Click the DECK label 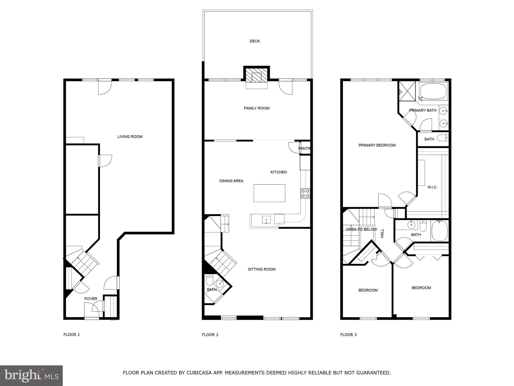(x=254, y=41)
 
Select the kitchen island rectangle (x=269, y=193)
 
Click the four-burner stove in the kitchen (x=305, y=193)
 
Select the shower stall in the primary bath (x=407, y=91)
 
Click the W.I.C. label (x=432, y=187)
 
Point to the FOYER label (x=91, y=299)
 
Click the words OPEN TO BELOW (x=361, y=229)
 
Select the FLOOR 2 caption (x=210, y=335)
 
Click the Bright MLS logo (x=31, y=375)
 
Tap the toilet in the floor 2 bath (x=210, y=279)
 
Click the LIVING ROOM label (x=130, y=137)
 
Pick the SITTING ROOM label (x=262, y=269)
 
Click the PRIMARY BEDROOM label (x=377, y=145)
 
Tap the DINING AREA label (x=231, y=181)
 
